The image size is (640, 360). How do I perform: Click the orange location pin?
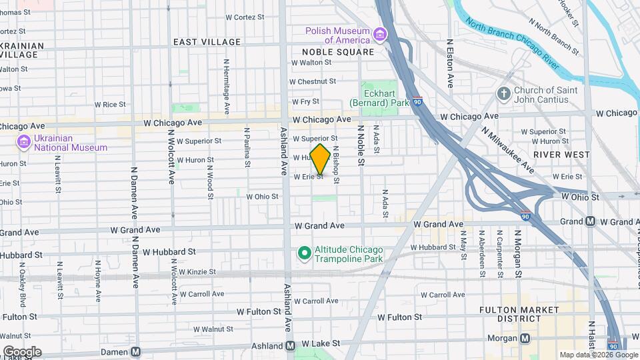[x=320, y=159]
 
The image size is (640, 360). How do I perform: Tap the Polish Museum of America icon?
[x=380, y=34]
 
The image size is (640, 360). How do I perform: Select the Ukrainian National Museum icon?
[x=25, y=142]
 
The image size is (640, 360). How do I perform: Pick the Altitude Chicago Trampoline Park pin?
[x=305, y=253]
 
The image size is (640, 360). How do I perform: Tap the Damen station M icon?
[x=136, y=351]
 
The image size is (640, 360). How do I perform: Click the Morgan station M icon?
[x=525, y=338]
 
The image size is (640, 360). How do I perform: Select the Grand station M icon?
[x=591, y=221]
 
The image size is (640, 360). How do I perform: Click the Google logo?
[x=22, y=351]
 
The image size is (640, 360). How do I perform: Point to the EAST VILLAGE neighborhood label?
[x=207, y=42]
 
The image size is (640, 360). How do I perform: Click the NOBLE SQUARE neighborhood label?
[x=337, y=52]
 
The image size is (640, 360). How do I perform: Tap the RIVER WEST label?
[x=565, y=155]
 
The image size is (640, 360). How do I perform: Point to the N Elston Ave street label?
[x=450, y=63]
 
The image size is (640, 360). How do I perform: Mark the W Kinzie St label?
[x=194, y=272]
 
